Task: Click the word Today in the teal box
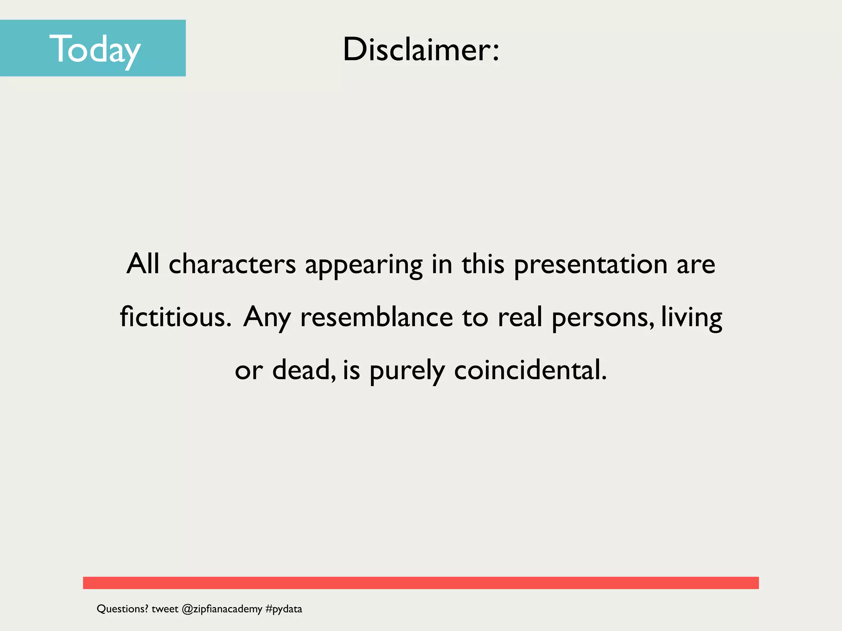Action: click(x=95, y=49)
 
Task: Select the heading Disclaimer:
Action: click(x=421, y=49)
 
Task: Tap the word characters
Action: click(x=232, y=264)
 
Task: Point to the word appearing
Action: click(x=364, y=265)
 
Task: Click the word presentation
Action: click(x=591, y=265)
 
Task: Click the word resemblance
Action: click(x=377, y=317)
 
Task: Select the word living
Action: click(x=692, y=318)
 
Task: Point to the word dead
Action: click(x=303, y=370)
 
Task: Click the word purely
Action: click(x=407, y=371)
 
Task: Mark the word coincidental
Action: click(x=530, y=370)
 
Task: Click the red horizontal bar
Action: click(x=421, y=583)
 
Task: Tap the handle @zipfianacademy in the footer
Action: click(x=222, y=609)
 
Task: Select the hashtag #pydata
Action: click(x=284, y=609)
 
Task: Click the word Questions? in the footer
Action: click(x=122, y=609)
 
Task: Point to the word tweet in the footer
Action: click(x=165, y=609)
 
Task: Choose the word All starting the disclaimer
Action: click(x=143, y=264)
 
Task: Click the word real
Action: click(x=520, y=317)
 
